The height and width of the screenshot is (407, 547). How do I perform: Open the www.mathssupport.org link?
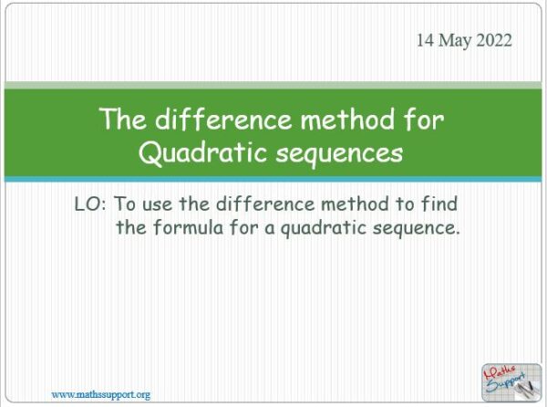click(x=100, y=394)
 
